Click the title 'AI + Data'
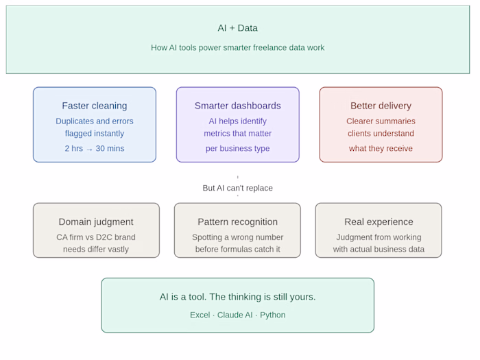(x=237, y=28)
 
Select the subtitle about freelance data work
(x=237, y=48)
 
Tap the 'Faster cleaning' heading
(x=95, y=106)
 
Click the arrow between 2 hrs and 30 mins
(x=89, y=149)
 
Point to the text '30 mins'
(x=110, y=149)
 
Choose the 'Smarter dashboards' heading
(x=237, y=106)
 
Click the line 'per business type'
(x=237, y=149)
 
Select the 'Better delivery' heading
(x=381, y=106)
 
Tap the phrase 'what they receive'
(x=381, y=149)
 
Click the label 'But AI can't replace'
(x=237, y=188)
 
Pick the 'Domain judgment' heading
(x=96, y=222)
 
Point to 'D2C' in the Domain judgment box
(x=105, y=237)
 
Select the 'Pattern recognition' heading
(x=237, y=222)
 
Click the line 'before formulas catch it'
(x=237, y=249)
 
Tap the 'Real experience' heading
(x=379, y=222)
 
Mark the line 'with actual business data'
(x=379, y=249)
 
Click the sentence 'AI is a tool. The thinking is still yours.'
(x=237, y=297)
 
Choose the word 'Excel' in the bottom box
(x=200, y=315)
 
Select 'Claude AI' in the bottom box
(x=235, y=315)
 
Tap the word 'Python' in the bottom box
(x=272, y=315)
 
